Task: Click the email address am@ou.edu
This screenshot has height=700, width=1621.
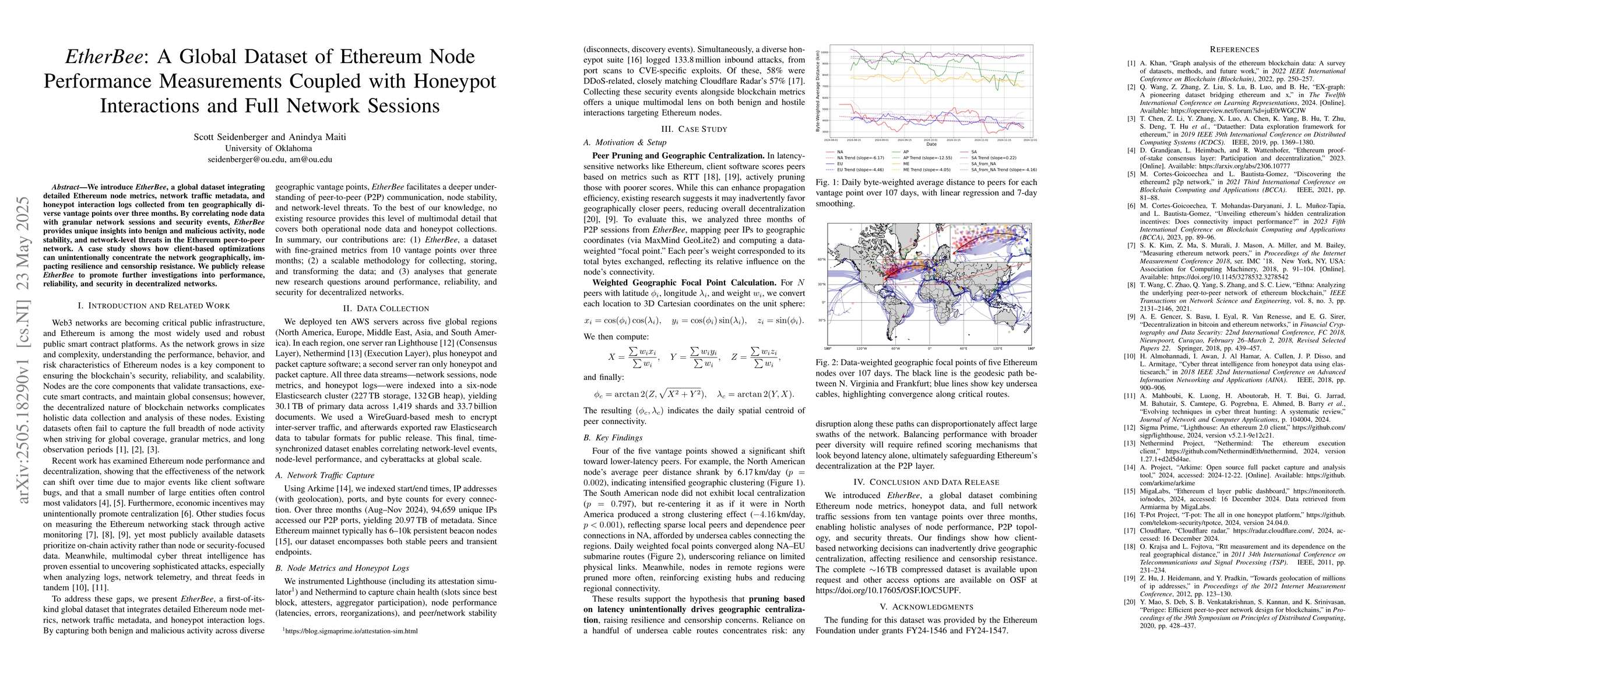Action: point(310,159)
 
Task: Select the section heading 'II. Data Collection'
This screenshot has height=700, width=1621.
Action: point(386,309)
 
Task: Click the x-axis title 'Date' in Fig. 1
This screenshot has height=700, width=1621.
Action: point(931,144)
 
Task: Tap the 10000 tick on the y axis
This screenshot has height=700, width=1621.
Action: point(825,52)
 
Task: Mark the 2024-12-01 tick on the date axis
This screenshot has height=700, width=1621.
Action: point(1030,140)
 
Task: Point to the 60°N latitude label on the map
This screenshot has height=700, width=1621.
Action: point(821,260)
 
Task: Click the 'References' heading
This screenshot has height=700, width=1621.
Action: point(1234,49)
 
